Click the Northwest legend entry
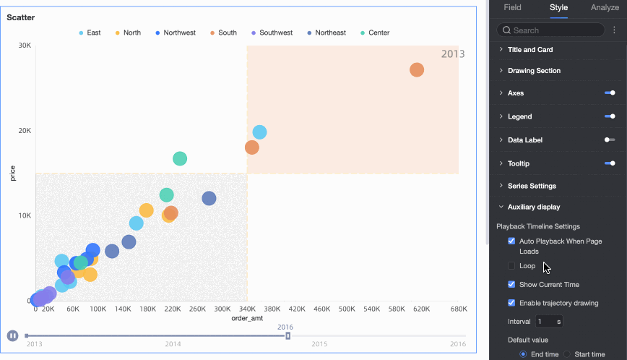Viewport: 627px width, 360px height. coord(174,33)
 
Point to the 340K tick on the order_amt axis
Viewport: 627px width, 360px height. coord(246,309)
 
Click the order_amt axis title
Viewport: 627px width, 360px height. coord(246,319)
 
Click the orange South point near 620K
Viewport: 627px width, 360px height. coord(417,69)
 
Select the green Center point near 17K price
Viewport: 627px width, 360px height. coord(180,158)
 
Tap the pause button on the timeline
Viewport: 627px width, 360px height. coord(12,335)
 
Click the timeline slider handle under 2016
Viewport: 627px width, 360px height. coord(287,335)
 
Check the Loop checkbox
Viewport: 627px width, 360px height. coord(511,266)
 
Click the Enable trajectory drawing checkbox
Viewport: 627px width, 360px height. coord(511,303)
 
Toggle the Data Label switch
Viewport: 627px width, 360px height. coord(610,140)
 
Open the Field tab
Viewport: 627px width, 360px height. coord(512,7)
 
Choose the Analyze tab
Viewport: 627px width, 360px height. coord(605,7)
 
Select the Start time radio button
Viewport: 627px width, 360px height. coord(567,354)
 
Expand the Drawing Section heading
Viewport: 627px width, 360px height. coord(534,71)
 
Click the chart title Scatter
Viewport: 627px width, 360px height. coord(21,17)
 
